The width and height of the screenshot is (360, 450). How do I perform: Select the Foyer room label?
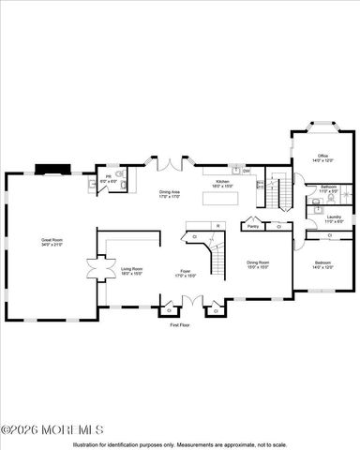click(x=186, y=272)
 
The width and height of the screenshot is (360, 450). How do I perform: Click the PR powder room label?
click(x=109, y=176)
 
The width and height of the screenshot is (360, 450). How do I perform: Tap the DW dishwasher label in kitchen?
click(x=246, y=171)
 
